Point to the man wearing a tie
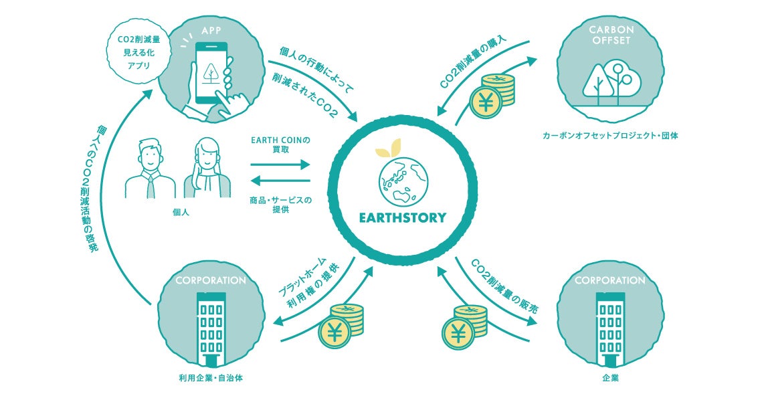[150, 170]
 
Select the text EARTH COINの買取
[280, 145]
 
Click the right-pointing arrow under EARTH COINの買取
[280, 164]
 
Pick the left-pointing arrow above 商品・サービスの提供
[280, 180]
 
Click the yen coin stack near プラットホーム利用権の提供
[341, 324]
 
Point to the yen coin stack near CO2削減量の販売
[464, 324]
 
